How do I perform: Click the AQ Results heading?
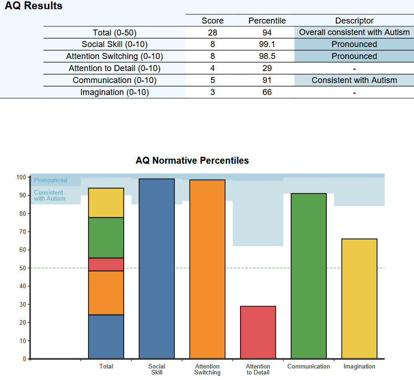point(33,6)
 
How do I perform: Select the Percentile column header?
point(267,21)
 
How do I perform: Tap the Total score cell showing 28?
point(212,32)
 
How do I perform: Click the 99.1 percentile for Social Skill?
point(267,44)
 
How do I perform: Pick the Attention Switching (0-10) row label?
point(114,56)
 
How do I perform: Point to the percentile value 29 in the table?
point(267,68)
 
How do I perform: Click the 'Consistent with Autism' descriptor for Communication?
point(354,80)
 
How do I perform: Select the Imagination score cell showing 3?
point(212,92)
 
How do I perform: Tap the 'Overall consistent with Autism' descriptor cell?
point(354,32)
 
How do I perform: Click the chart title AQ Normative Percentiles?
point(192,160)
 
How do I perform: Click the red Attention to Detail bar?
point(258,332)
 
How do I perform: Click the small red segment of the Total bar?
point(106,264)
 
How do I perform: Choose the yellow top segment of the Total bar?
point(106,203)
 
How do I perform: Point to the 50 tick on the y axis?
point(22,268)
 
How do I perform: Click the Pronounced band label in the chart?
point(51,180)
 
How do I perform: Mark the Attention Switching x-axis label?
point(207,369)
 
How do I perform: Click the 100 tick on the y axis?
point(20,177)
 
